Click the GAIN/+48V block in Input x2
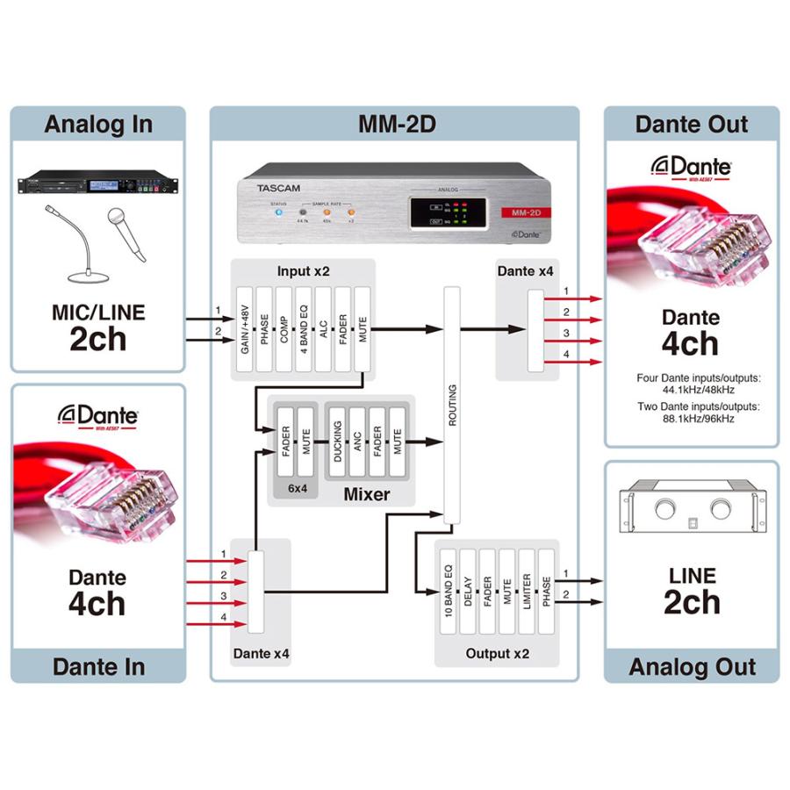[x=244, y=329]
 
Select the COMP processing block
[x=284, y=329]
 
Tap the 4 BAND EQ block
[x=303, y=329]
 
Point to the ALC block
[x=323, y=329]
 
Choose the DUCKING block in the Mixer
[x=338, y=442]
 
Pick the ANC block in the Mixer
[x=357, y=442]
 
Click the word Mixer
[x=367, y=495]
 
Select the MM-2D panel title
[x=394, y=124]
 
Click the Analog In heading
[x=97, y=124]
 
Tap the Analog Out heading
[x=692, y=666]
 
